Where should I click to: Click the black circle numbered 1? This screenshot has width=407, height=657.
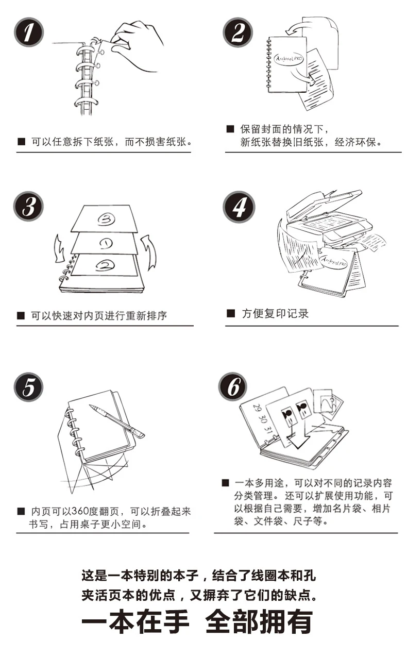point(29,32)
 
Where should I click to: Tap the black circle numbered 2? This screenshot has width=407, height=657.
point(238,32)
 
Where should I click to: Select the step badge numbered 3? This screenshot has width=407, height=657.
point(28,206)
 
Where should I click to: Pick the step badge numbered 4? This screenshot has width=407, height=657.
point(239,207)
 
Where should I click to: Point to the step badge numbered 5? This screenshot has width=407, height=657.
point(28,387)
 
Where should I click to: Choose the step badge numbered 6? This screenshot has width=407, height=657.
point(233,386)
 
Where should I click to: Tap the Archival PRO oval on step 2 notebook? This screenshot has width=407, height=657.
point(289,59)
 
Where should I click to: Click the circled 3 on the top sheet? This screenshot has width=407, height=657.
point(106,219)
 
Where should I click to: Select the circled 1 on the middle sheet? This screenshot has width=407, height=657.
point(106,243)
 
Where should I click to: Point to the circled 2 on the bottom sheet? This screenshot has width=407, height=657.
point(105,265)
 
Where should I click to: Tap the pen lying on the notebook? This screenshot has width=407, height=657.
point(117,421)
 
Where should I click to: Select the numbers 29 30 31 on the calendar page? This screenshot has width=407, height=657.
point(263,419)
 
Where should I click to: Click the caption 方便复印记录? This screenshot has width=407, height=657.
point(275,313)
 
